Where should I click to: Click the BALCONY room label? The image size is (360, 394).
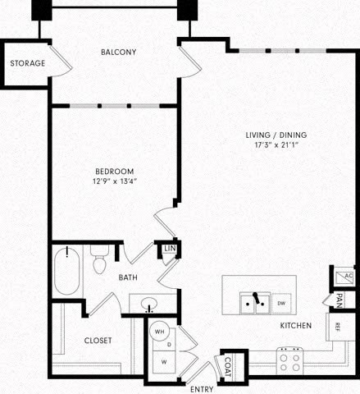click(118, 52)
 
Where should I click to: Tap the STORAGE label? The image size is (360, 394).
click(25, 63)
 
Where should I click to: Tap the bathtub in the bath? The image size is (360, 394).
click(66, 272)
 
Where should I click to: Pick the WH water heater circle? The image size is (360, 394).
click(160, 330)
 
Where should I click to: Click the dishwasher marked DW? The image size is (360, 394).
click(281, 304)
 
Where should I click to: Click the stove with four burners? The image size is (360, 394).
click(289, 360)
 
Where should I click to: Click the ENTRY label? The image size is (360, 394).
click(201, 387)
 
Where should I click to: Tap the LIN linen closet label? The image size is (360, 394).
click(170, 249)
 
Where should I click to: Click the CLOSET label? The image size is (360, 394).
click(98, 340)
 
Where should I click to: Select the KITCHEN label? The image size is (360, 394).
click(296, 326)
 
